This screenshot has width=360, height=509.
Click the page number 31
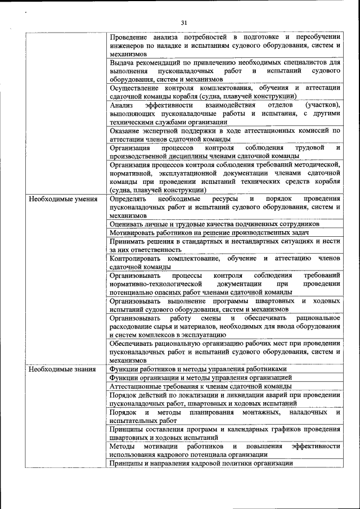183,22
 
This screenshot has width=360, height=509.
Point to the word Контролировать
138,258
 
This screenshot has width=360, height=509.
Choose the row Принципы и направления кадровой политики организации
201,463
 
